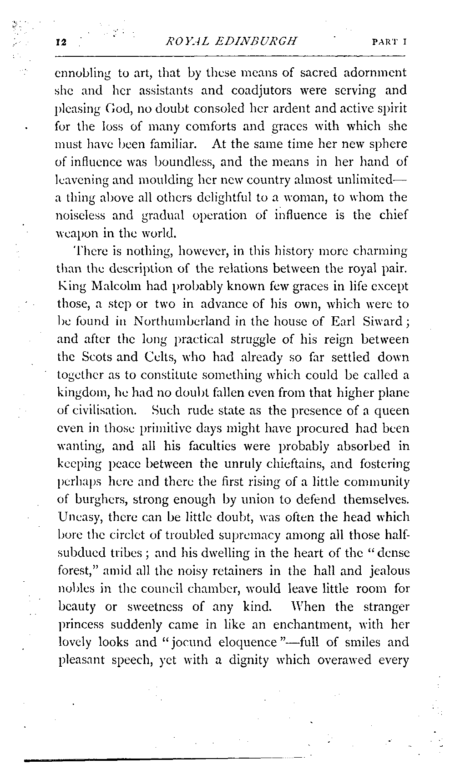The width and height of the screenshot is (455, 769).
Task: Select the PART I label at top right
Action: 389,42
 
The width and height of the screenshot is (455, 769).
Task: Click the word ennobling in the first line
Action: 79,73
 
